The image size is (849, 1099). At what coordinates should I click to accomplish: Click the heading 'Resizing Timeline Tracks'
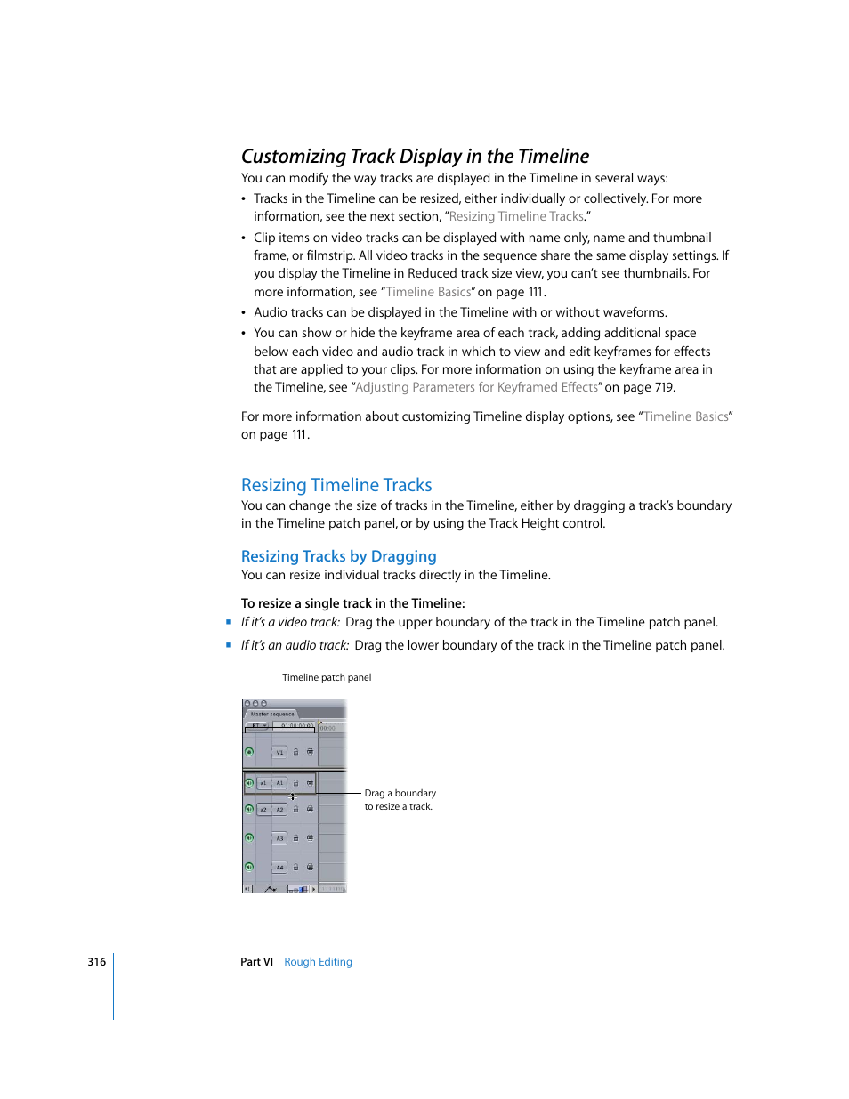click(x=336, y=485)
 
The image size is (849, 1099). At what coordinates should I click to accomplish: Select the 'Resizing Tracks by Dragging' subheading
click(x=338, y=556)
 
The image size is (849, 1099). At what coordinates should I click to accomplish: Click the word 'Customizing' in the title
click(x=294, y=157)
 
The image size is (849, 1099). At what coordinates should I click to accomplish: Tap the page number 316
click(x=96, y=962)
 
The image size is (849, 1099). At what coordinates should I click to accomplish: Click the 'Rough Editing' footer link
click(x=318, y=962)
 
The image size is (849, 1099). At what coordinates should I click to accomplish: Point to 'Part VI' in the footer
click(x=256, y=962)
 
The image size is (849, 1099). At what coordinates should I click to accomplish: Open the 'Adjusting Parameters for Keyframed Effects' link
click(x=476, y=387)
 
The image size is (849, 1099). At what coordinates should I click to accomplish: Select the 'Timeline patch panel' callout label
click(x=327, y=677)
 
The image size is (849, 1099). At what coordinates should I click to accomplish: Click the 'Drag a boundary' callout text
click(x=400, y=793)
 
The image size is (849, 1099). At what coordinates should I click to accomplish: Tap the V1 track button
click(x=279, y=752)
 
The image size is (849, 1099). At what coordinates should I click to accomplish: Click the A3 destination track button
click(x=279, y=838)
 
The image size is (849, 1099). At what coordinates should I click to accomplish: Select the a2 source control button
click(x=263, y=810)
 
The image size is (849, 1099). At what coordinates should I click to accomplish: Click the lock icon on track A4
click(x=296, y=867)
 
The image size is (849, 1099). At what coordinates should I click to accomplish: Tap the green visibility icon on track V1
click(x=249, y=752)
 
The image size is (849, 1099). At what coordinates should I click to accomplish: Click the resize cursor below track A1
click(x=292, y=796)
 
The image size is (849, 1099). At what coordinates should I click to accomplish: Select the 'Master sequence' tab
click(x=272, y=714)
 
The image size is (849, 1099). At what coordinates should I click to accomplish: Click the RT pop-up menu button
click(x=258, y=726)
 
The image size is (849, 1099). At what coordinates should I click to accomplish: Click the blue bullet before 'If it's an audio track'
click(x=229, y=645)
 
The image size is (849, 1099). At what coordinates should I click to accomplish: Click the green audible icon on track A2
click(x=249, y=810)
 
